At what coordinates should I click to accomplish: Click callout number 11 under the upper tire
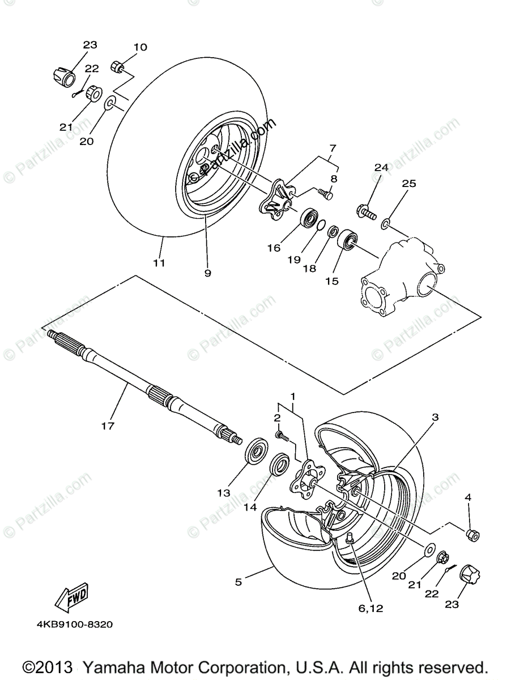point(159,262)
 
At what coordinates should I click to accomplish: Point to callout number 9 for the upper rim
point(208,272)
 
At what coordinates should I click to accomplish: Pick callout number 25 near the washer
point(409,184)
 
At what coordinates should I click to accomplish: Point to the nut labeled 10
point(117,67)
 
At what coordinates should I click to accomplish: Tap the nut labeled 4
point(472,534)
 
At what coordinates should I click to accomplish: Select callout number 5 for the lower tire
point(239,581)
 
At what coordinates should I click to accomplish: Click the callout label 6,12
point(371,609)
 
